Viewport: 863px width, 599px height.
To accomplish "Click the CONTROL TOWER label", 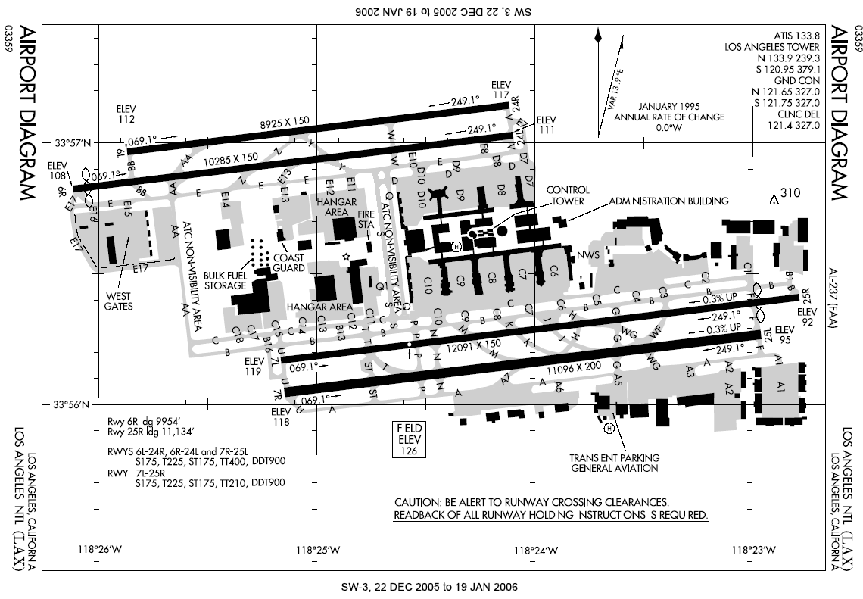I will pos(567,195).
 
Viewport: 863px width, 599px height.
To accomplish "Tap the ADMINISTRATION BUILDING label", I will pos(668,201).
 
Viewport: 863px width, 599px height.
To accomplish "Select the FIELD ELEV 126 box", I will pos(409,438).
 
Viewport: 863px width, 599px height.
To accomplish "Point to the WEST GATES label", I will pos(119,301).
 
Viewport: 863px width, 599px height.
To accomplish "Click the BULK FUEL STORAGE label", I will pos(226,280).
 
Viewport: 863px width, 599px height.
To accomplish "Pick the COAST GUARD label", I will pos(289,262).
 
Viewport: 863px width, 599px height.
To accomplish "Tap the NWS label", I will pos(587,255).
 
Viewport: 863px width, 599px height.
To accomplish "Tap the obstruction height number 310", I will pos(790,193).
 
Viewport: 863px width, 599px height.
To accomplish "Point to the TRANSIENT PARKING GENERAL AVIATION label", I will pos(615,463).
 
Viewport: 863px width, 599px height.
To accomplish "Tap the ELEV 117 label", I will pos(500,89).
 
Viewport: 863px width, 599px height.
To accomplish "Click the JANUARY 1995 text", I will pos(669,107).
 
